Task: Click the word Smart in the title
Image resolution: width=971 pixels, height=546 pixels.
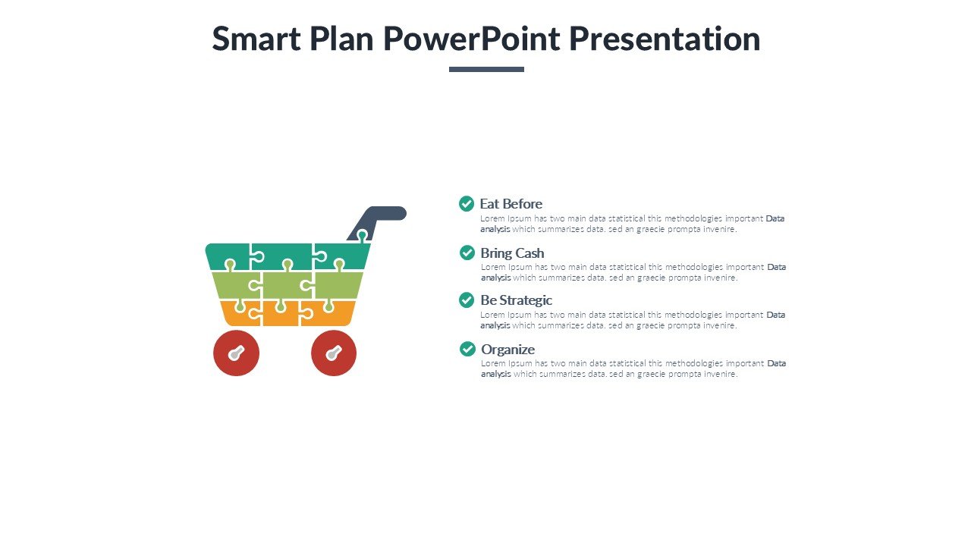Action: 256,39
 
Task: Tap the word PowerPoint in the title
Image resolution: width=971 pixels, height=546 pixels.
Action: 472,39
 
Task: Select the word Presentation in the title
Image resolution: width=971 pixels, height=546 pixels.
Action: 665,39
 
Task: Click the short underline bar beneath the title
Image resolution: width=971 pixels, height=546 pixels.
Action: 486,69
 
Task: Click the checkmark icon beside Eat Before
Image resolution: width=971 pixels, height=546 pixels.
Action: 467,204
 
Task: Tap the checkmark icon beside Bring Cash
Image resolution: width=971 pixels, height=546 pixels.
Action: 467,253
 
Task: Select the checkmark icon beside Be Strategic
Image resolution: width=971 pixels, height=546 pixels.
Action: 467,300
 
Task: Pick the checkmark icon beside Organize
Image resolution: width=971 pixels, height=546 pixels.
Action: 467,349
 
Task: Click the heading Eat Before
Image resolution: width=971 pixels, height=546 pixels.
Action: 511,204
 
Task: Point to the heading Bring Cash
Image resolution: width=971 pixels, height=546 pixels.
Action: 512,253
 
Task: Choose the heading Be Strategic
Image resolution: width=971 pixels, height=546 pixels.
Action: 517,300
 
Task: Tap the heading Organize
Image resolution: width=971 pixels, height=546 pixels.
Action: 508,350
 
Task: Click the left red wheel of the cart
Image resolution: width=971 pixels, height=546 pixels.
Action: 236,353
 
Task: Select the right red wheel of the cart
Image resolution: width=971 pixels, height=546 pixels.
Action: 334,353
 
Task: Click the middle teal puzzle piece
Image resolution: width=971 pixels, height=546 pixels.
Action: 281,256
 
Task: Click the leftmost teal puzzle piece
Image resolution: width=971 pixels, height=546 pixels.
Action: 228,256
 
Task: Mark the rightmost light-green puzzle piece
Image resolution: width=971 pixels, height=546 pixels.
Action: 338,286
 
